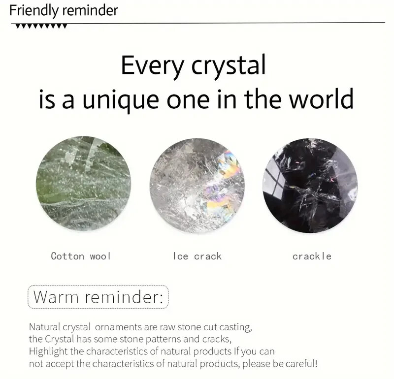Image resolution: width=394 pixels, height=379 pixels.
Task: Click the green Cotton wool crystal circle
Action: [83, 183]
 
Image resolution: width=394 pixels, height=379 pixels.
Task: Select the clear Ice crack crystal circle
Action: [197, 186]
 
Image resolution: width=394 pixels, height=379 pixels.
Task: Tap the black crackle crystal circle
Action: [310, 186]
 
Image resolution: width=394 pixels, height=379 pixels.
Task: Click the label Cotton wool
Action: [81, 256]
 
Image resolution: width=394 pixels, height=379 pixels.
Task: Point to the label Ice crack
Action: [197, 256]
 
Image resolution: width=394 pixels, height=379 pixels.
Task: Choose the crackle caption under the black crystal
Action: [312, 256]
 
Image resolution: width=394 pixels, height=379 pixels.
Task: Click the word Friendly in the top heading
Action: [33, 11]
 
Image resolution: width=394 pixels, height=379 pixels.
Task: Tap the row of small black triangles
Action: [41, 26]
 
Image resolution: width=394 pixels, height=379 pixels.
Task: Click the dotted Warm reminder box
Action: [98, 297]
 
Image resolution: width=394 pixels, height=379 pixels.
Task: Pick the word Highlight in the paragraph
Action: [48, 351]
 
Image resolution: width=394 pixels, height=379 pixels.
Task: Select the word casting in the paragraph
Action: [236, 327]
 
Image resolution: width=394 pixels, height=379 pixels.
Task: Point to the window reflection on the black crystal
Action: [275, 180]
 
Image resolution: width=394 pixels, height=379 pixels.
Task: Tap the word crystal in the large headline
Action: [229, 66]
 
